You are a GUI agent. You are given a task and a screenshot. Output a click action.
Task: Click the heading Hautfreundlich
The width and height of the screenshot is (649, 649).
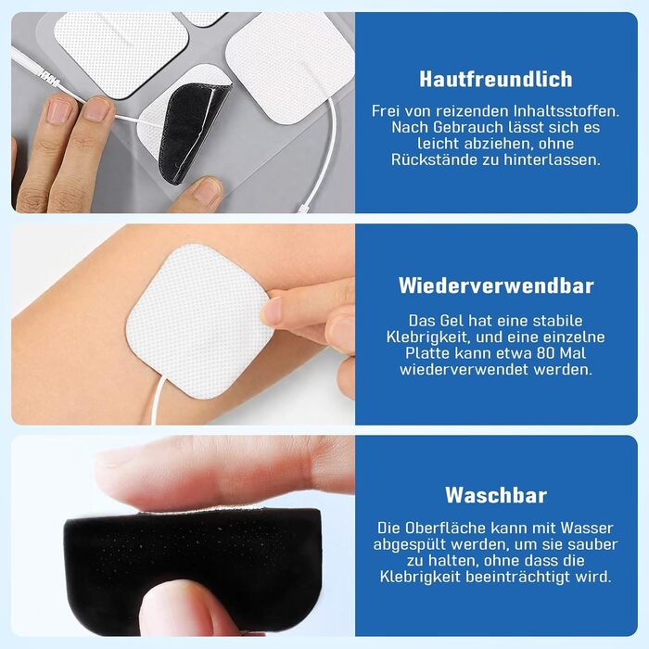[x=496, y=79]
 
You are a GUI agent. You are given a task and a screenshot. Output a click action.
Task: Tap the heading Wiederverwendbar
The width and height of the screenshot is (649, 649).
[x=496, y=286]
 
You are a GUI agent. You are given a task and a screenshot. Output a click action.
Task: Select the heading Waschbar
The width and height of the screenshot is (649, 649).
[x=496, y=495]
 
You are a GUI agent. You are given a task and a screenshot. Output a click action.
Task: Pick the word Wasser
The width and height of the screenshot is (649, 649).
[x=587, y=528]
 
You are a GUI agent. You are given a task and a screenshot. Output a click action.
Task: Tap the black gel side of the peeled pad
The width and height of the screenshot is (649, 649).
[x=191, y=133]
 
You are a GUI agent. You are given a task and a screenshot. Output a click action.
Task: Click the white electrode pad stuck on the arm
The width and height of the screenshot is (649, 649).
[x=198, y=321]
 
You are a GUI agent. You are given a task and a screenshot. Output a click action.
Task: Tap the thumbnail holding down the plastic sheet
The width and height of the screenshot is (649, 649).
[x=209, y=191]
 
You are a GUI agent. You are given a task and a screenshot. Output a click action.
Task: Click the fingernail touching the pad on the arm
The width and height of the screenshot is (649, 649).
[x=272, y=310]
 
